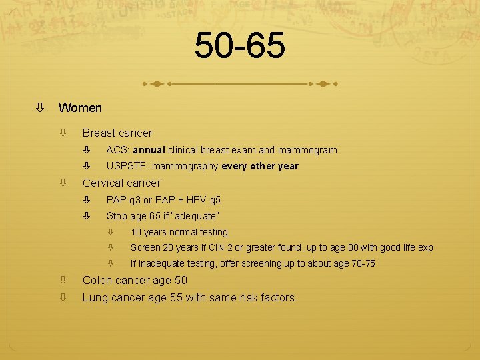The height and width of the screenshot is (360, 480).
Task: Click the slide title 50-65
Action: [240, 46]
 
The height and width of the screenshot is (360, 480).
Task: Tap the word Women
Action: [80, 107]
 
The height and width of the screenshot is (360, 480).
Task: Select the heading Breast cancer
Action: [117, 133]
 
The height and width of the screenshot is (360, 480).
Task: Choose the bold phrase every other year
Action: [260, 166]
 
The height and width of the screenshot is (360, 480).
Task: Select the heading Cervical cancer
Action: [121, 183]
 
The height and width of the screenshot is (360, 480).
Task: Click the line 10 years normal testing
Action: [179, 232]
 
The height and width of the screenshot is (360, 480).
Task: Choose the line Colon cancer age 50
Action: [135, 280]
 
